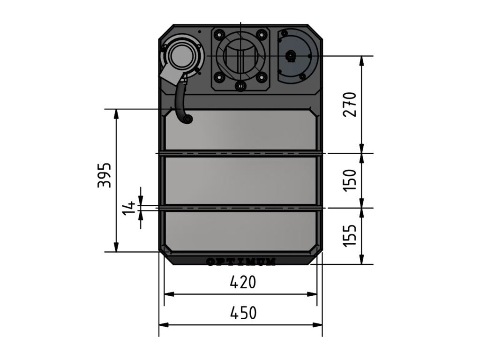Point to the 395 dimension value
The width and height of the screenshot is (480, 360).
105,175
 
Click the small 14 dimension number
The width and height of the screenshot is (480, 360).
129,208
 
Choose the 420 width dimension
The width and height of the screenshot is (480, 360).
243,283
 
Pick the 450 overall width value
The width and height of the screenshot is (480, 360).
243,313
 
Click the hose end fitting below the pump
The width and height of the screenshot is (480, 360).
188,120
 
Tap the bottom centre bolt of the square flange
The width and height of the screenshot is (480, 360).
241,85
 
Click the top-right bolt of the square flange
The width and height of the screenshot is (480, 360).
261,34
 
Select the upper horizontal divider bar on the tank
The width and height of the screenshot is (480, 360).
241,153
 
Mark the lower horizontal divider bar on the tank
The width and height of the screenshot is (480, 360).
241,208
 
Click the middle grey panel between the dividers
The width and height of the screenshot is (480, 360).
241,180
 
